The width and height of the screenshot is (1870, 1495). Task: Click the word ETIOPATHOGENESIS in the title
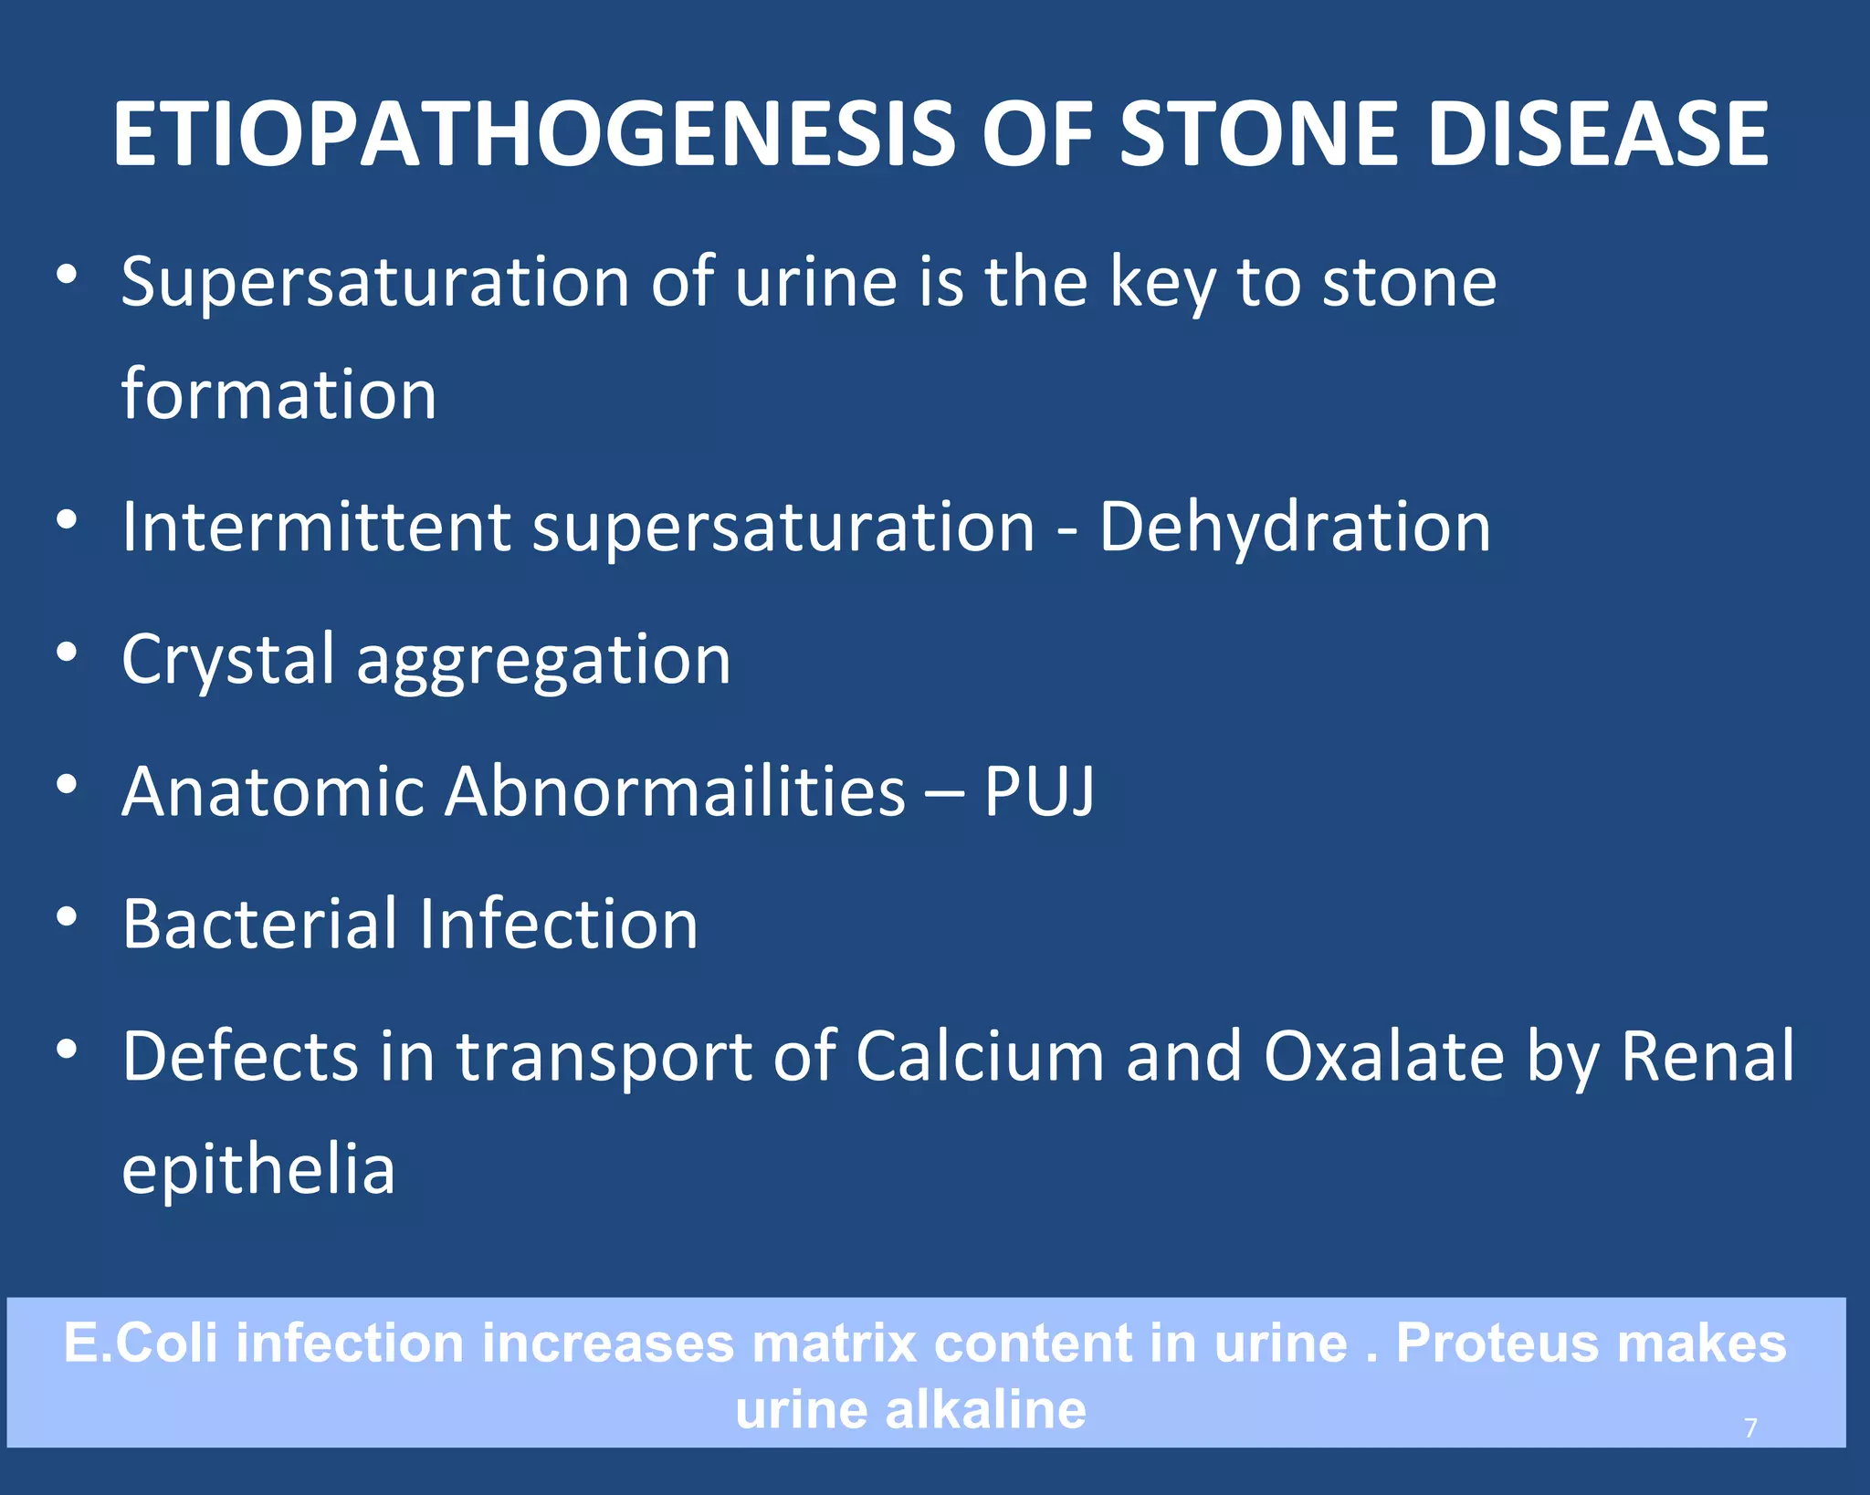[x=534, y=134]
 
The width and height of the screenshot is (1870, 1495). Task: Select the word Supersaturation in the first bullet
[x=374, y=283]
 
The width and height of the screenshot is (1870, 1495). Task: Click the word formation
[x=278, y=395]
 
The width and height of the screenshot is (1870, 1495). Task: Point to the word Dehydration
[x=1295, y=528]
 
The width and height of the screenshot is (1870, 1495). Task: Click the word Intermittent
[x=316, y=528]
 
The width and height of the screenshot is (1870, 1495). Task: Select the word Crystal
[x=228, y=660]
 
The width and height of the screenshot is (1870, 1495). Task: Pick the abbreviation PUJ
[x=1039, y=791]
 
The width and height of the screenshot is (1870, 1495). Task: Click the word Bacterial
[x=259, y=924]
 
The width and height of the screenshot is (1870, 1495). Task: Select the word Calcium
[x=980, y=1056]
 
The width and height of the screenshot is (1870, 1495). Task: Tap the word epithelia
[x=258, y=1170]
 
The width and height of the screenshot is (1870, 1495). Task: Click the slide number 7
[x=1750, y=1427]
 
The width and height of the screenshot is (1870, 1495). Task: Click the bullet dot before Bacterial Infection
[x=66, y=917]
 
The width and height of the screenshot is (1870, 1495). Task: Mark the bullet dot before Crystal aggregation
[x=66, y=653]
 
